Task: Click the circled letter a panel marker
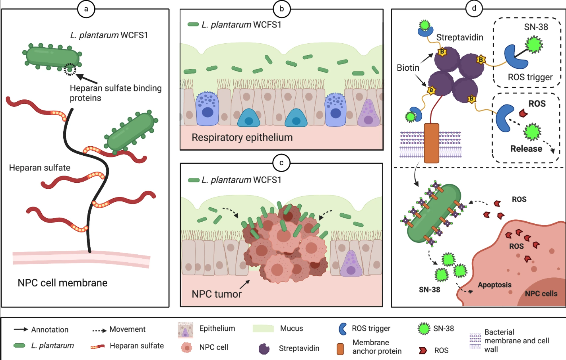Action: (x=86, y=9)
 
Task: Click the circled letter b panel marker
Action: (x=282, y=9)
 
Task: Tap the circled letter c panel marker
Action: (x=281, y=163)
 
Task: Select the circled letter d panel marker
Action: (x=474, y=9)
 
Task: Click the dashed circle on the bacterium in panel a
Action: (x=70, y=69)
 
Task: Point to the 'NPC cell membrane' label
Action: (x=62, y=283)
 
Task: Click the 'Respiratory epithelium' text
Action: (x=242, y=137)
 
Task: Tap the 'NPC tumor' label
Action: (x=217, y=294)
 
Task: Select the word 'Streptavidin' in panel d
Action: (x=459, y=37)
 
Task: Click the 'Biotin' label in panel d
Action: (x=408, y=68)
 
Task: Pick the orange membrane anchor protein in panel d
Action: (x=431, y=143)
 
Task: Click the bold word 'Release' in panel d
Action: (x=526, y=149)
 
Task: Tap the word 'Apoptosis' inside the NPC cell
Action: (x=494, y=285)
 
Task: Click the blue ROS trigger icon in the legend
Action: (x=343, y=329)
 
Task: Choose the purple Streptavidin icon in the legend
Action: (x=264, y=348)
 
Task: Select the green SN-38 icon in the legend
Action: (x=424, y=329)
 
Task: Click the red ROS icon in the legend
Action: (x=423, y=350)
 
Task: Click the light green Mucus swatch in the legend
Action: (x=263, y=329)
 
